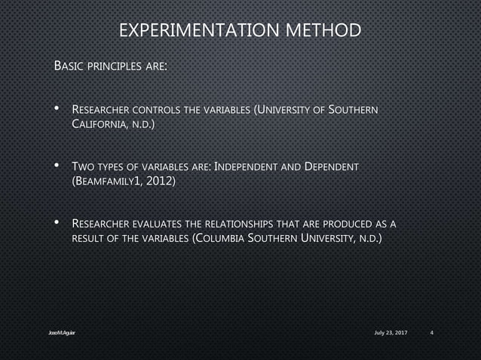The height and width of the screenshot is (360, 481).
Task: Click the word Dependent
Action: (x=331, y=166)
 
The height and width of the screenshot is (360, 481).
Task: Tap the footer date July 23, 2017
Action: (x=390, y=333)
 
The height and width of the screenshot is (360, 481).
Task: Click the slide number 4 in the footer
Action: (x=431, y=333)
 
